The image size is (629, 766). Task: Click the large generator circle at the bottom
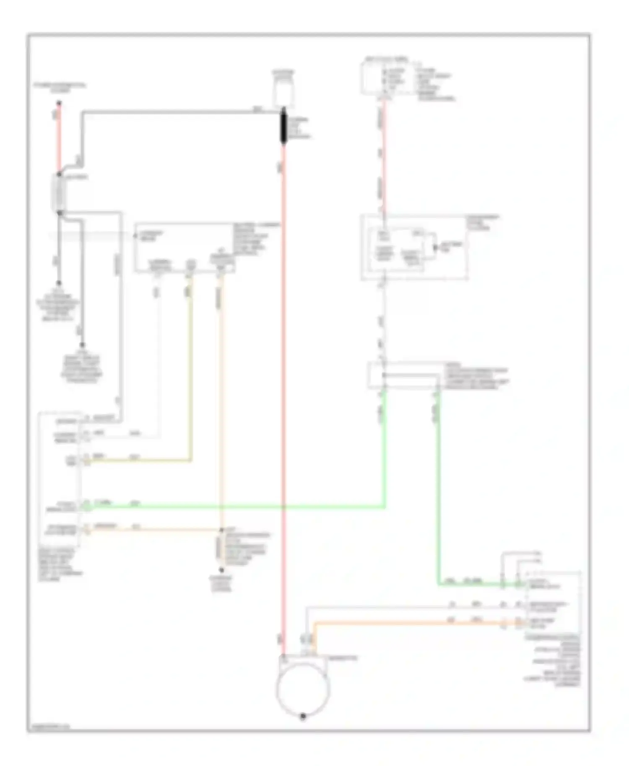[x=303, y=689]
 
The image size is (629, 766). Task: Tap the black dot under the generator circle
[x=303, y=717]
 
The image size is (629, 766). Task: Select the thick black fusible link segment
[x=283, y=126]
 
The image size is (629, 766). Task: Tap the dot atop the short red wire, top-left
[x=59, y=103]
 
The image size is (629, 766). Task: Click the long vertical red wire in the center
[x=284, y=377]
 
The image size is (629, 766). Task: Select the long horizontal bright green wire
[x=235, y=507]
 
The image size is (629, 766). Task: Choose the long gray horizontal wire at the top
[x=180, y=112]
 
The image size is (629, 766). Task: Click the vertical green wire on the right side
[x=439, y=482]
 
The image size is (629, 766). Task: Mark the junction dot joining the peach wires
[x=221, y=530]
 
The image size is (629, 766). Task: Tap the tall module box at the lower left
[x=59, y=478]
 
